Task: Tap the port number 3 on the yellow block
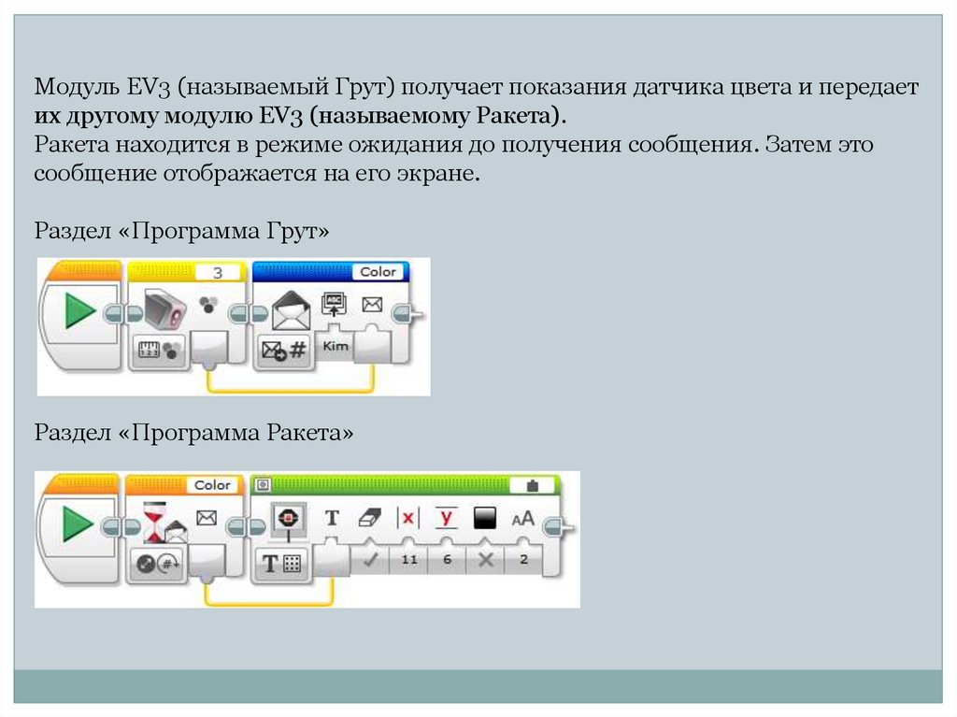[x=218, y=272]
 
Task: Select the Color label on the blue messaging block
[x=378, y=272]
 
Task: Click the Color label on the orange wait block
[x=212, y=485]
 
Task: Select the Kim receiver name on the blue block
[x=334, y=346]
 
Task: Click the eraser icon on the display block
[x=371, y=517]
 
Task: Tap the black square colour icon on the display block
[x=485, y=517]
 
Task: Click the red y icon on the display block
[x=447, y=517]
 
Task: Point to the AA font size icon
[x=522, y=517]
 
